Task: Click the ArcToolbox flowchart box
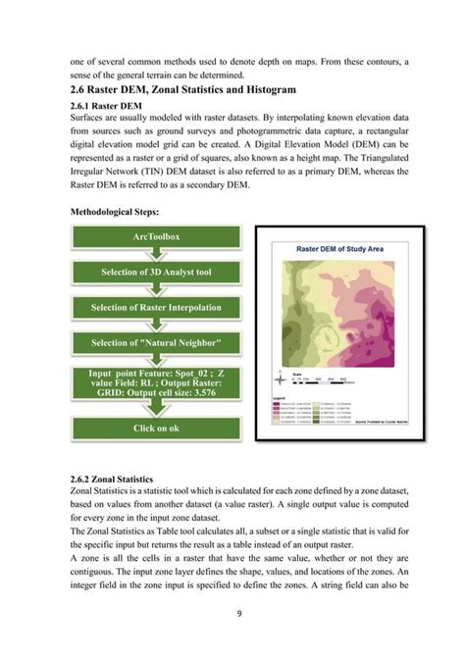tap(156, 236)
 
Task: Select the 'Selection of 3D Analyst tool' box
tap(156, 272)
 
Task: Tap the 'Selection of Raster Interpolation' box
tap(156, 307)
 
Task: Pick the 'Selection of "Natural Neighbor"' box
tap(156, 342)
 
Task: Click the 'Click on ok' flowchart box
tap(156, 429)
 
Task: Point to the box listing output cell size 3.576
tap(156, 385)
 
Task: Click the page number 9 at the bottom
tap(238, 613)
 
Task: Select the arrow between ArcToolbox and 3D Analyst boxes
tap(156, 254)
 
